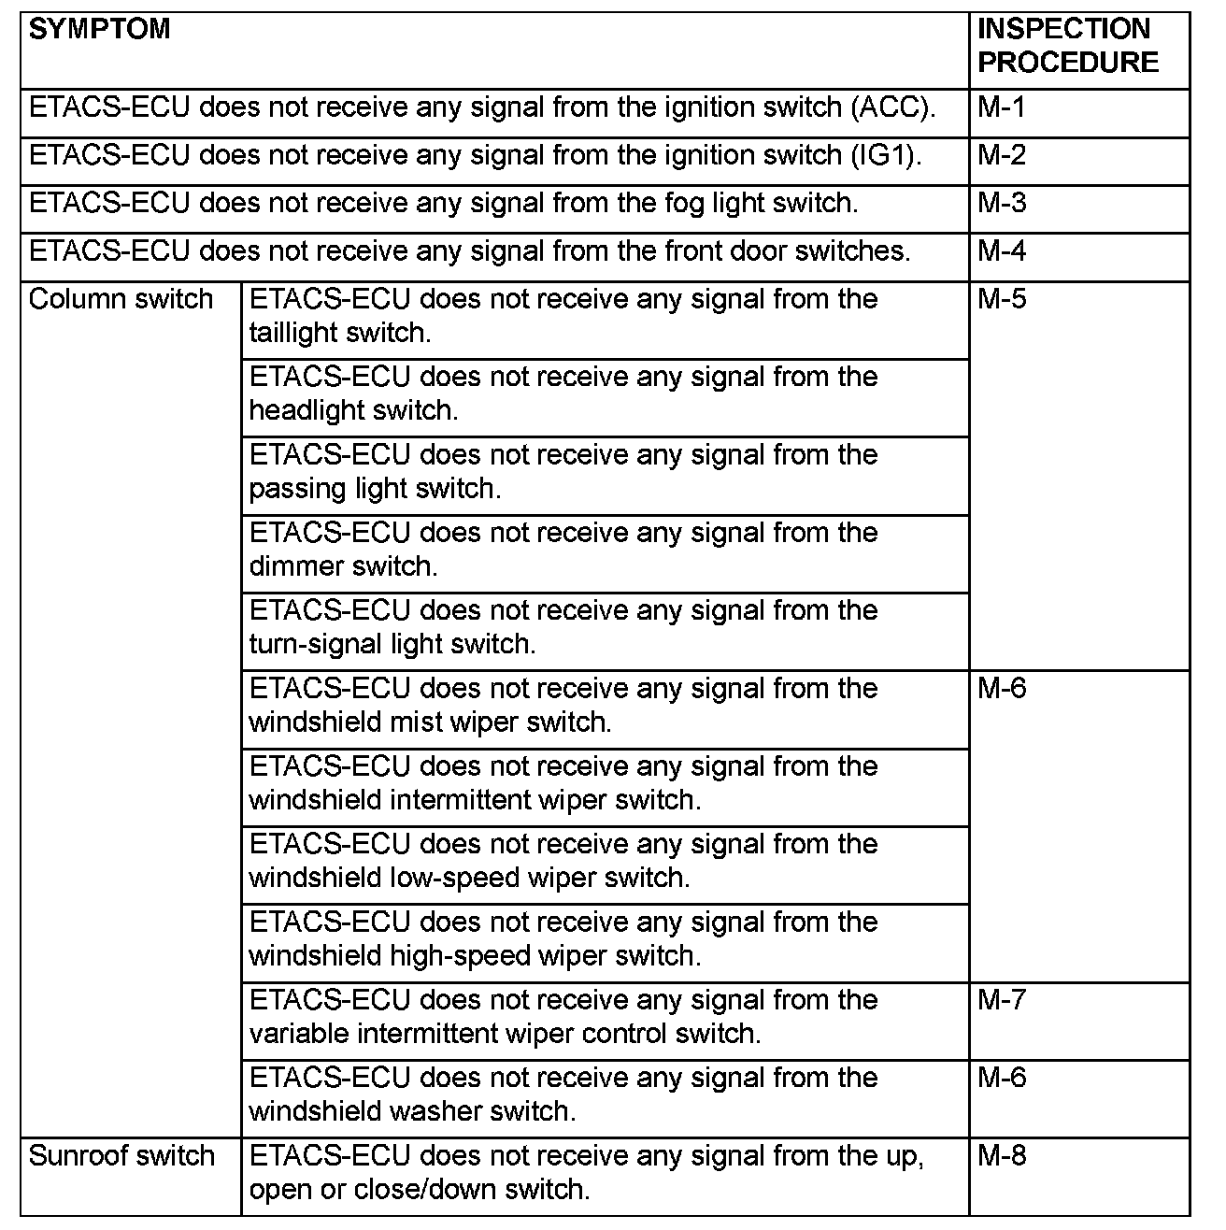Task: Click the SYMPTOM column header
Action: pyautogui.click(x=100, y=29)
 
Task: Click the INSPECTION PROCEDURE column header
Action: pyautogui.click(x=1067, y=46)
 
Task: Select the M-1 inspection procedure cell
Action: pyautogui.click(x=1001, y=107)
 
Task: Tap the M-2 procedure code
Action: pyautogui.click(x=1001, y=155)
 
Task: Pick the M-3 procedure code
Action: pyautogui.click(x=1001, y=203)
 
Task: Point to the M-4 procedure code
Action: pyautogui.click(x=1001, y=251)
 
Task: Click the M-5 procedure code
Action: pyautogui.click(x=1001, y=299)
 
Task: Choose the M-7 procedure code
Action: pyautogui.click(x=1001, y=1000)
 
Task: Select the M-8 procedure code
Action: pyautogui.click(x=1001, y=1156)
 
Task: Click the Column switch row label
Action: pyautogui.click(x=121, y=299)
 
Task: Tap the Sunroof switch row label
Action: pyautogui.click(x=121, y=1156)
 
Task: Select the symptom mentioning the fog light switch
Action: pyautogui.click(x=444, y=203)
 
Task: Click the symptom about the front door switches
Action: pyautogui.click(x=470, y=251)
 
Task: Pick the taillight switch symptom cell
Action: pyautogui.click(x=563, y=316)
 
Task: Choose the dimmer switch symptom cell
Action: pyautogui.click(x=563, y=550)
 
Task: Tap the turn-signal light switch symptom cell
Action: pyautogui.click(x=563, y=627)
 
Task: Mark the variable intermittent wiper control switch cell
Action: pyautogui.click(x=563, y=1017)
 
